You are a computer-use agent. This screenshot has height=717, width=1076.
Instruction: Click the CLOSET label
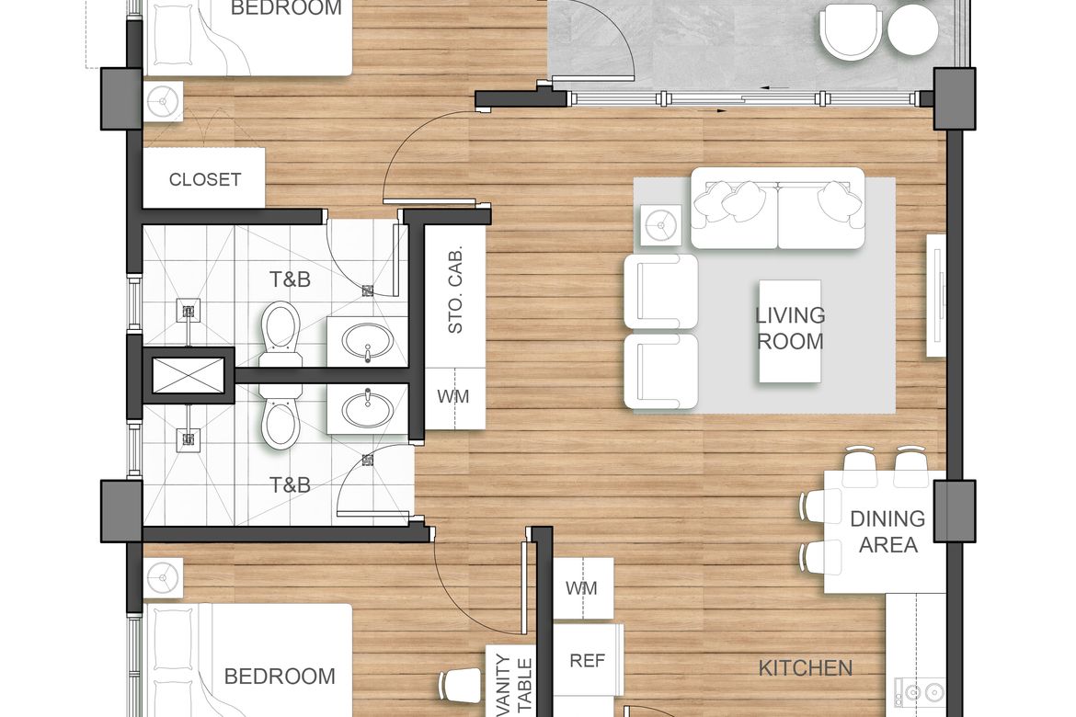click(x=204, y=179)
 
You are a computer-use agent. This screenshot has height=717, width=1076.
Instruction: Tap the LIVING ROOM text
click(x=790, y=328)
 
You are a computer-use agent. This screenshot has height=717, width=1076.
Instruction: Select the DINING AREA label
click(x=888, y=531)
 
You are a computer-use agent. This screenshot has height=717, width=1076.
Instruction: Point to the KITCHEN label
click(x=806, y=667)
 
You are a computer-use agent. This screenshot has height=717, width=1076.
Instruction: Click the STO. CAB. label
click(x=455, y=290)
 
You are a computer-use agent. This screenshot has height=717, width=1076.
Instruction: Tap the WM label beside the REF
click(x=581, y=588)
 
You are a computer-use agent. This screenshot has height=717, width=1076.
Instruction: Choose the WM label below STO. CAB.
click(x=452, y=396)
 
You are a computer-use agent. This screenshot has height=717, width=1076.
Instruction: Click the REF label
click(x=588, y=660)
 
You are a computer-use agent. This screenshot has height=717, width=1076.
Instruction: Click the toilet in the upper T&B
click(x=281, y=332)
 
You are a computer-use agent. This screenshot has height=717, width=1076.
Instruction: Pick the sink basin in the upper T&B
click(x=368, y=341)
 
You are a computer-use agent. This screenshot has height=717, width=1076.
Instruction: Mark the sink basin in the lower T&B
click(x=368, y=409)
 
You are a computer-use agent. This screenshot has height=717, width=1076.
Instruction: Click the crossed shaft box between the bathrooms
click(x=188, y=375)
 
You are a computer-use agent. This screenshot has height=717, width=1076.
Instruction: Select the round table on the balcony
click(x=912, y=28)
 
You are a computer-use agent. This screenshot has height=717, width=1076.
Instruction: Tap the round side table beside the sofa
click(x=661, y=225)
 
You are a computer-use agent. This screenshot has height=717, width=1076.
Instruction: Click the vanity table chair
click(x=460, y=684)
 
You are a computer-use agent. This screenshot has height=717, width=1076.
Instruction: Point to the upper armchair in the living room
click(x=661, y=291)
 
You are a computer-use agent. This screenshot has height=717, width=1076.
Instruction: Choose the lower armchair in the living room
click(x=661, y=371)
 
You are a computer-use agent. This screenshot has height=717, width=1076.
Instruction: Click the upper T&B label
click(x=290, y=279)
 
